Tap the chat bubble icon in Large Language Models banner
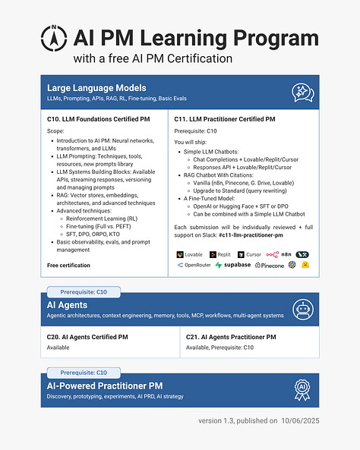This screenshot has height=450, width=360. pos(303,93)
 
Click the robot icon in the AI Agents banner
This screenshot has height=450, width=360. pos(303,310)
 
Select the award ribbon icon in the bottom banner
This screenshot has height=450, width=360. pos(303,389)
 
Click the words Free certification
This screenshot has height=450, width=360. pos(68,266)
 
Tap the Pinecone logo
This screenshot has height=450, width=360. pos(270,266)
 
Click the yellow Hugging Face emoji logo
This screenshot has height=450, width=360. pos(305,266)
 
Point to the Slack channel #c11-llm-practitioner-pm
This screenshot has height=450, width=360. pos(258,236)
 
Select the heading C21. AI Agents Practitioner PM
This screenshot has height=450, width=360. pos(230,337)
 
